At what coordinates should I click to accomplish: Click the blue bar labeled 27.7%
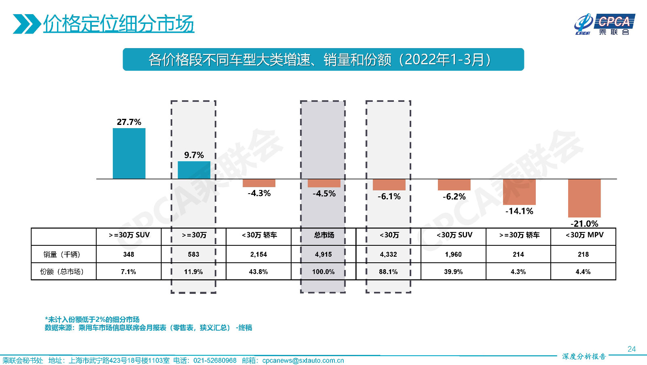129,154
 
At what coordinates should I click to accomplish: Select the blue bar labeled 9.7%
194,170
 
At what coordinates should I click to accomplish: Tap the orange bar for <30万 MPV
584,198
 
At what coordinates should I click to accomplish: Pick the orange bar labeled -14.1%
519,192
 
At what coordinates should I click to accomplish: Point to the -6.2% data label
454,197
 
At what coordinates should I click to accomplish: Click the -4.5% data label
324,194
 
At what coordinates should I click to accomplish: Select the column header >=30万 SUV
129,235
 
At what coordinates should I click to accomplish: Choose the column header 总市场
324,235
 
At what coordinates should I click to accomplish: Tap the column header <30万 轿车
259,235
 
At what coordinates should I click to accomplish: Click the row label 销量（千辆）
62,254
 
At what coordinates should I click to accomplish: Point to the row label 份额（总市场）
62,272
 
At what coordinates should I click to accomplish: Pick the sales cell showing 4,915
323,254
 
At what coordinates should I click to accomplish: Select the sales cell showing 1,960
453,254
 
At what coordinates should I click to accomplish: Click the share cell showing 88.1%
388,272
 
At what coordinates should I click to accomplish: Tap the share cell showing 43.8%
258,272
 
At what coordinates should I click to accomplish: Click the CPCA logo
605,24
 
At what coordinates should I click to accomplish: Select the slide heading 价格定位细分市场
118,23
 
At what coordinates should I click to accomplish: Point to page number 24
632,349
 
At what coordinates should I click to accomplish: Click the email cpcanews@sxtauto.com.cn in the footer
303,361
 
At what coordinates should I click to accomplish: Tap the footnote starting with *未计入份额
92,319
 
